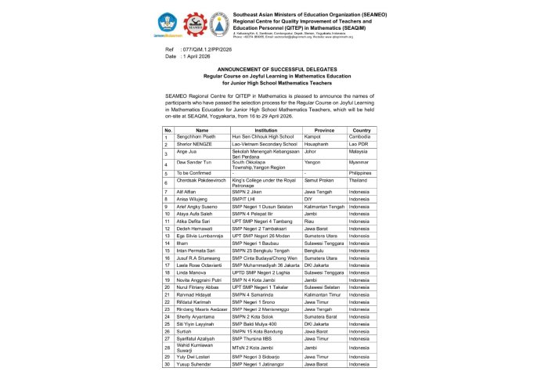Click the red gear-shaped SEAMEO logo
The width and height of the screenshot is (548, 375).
pos(196,23)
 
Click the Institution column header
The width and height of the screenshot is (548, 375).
pos(266,130)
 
